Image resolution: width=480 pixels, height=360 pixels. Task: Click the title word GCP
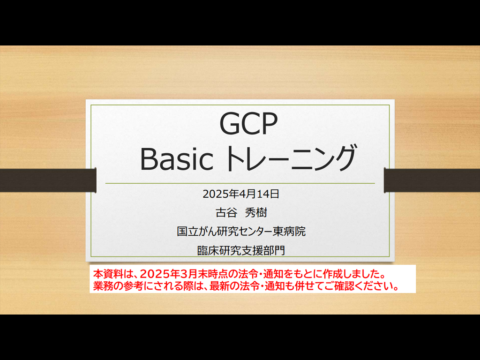point(248,123)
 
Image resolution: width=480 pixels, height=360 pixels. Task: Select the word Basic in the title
point(177,159)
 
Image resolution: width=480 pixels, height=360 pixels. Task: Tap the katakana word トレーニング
point(291,158)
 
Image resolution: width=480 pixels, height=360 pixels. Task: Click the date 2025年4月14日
point(241,194)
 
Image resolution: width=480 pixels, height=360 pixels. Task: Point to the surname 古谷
point(226,212)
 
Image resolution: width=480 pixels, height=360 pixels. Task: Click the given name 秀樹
point(256,212)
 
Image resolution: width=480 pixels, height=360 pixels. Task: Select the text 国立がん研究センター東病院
point(241,232)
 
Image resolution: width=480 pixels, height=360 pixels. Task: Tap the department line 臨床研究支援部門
point(241,250)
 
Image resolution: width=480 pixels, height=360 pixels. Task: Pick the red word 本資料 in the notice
point(108,273)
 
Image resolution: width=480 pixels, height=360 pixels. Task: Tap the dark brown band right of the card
point(432,180)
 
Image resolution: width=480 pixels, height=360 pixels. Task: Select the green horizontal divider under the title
point(240,183)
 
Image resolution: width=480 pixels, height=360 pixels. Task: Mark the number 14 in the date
point(262,194)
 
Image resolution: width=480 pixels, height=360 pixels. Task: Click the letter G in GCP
point(229,123)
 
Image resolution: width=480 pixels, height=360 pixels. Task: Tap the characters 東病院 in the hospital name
point(289,232)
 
